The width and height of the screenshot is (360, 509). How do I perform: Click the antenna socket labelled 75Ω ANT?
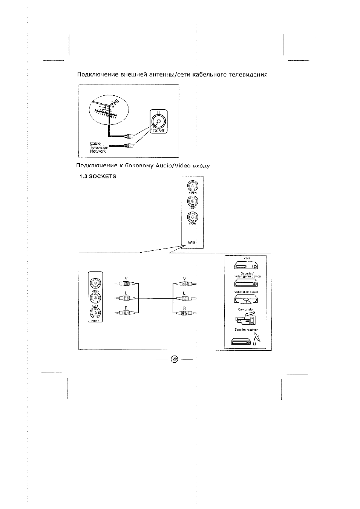tap(159, 121)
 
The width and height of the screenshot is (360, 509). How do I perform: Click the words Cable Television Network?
tap(99, 147)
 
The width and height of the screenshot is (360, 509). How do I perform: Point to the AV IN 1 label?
tap(192, 242)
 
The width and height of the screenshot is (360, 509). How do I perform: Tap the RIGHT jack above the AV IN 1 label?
tap(193, 217)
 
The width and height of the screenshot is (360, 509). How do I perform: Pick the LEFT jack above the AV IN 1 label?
tap(193, 201)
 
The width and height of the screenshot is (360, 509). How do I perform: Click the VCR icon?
tap(246, 266)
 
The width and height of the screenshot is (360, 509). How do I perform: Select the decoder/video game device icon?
tap(246, 284)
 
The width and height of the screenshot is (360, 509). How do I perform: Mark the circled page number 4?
tap(175, 359)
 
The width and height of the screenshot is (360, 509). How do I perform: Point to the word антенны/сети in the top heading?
tap(170, 74)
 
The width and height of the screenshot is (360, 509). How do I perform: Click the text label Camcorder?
tap(246, 310)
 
